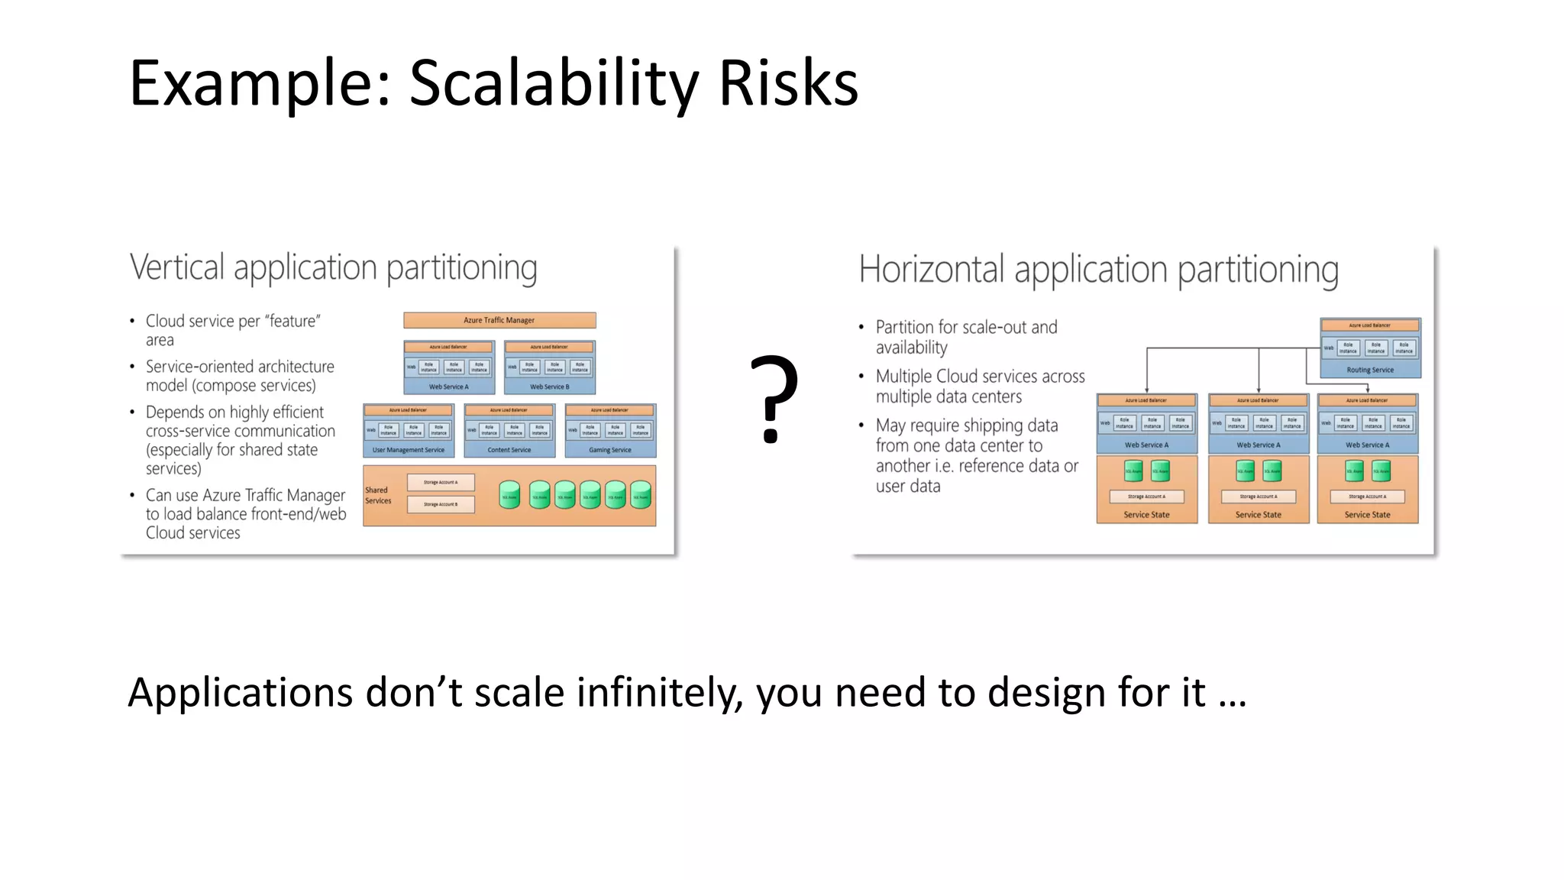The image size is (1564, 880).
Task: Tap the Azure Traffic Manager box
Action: coord(499,320)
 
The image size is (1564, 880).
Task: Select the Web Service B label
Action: coord(549,387)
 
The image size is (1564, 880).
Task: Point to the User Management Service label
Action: coord(408,450)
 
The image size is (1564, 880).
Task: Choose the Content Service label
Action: coord(509,450)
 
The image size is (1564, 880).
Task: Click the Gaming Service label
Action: coord(609,450)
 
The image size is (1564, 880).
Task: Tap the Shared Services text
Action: coord(377,495)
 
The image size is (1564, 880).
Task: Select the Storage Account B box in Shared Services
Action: coord(441,504)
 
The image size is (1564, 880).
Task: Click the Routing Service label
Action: coord(1369,370)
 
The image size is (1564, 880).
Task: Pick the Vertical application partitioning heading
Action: coord(333,267)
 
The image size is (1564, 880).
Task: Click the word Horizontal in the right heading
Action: coord(931,270)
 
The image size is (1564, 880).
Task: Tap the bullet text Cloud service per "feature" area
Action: coord(232,329)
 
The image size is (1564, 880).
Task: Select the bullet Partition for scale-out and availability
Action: coord(965,336)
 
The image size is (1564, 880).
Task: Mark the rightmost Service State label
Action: coord(1367,515)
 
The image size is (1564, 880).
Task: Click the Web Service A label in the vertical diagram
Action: coord(448,387)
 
